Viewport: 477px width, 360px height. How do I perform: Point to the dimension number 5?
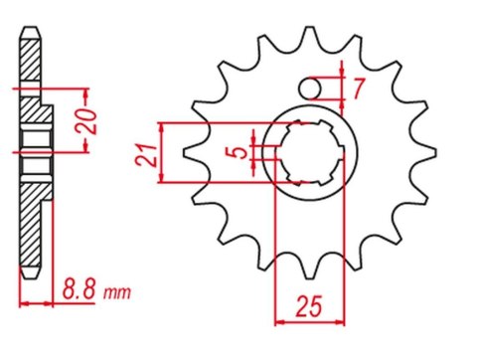pos(235,153)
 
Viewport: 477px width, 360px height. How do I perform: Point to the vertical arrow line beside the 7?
pos(343,89)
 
